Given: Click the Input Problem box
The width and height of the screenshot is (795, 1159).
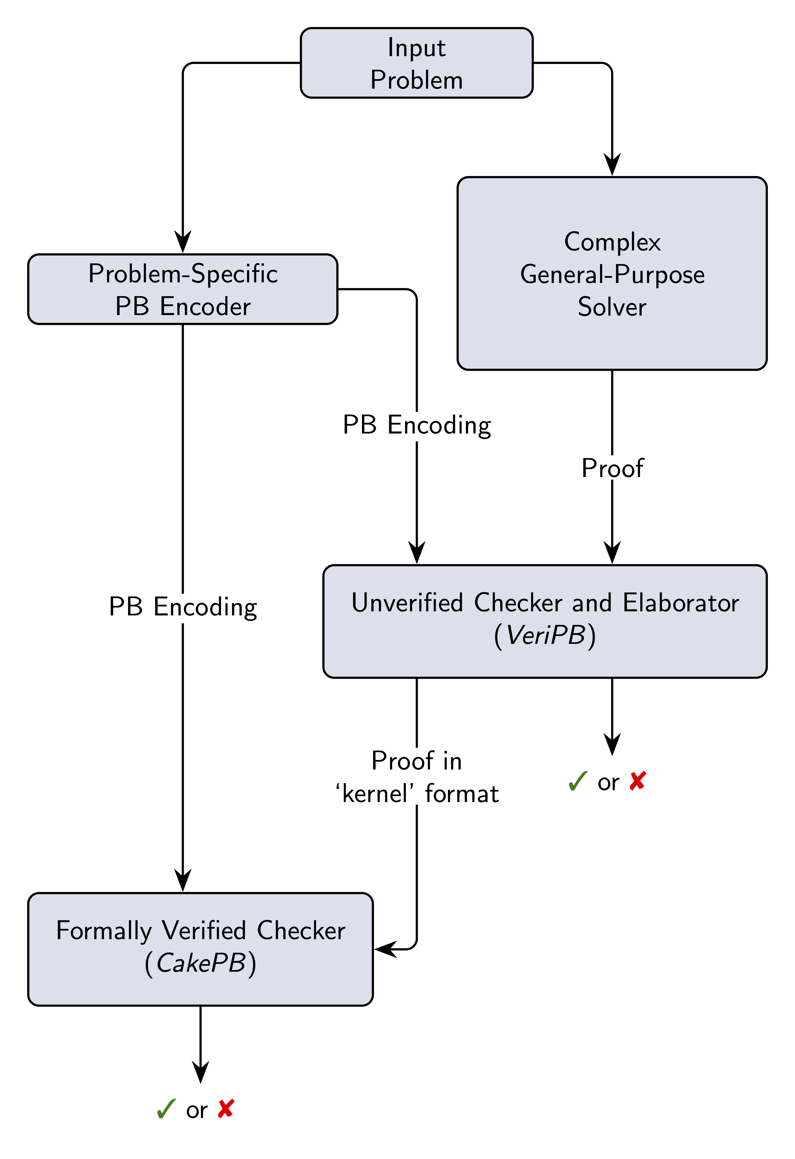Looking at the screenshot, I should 416,63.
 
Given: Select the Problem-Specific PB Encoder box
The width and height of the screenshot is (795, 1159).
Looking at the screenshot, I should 183,289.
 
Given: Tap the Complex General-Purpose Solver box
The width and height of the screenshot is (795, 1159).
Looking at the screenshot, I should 612,273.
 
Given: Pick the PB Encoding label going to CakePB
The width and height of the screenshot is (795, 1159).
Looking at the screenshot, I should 183,607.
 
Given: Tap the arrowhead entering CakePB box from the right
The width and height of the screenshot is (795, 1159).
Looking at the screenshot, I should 385,948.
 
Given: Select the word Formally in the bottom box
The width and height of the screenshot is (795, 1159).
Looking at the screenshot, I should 104,931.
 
